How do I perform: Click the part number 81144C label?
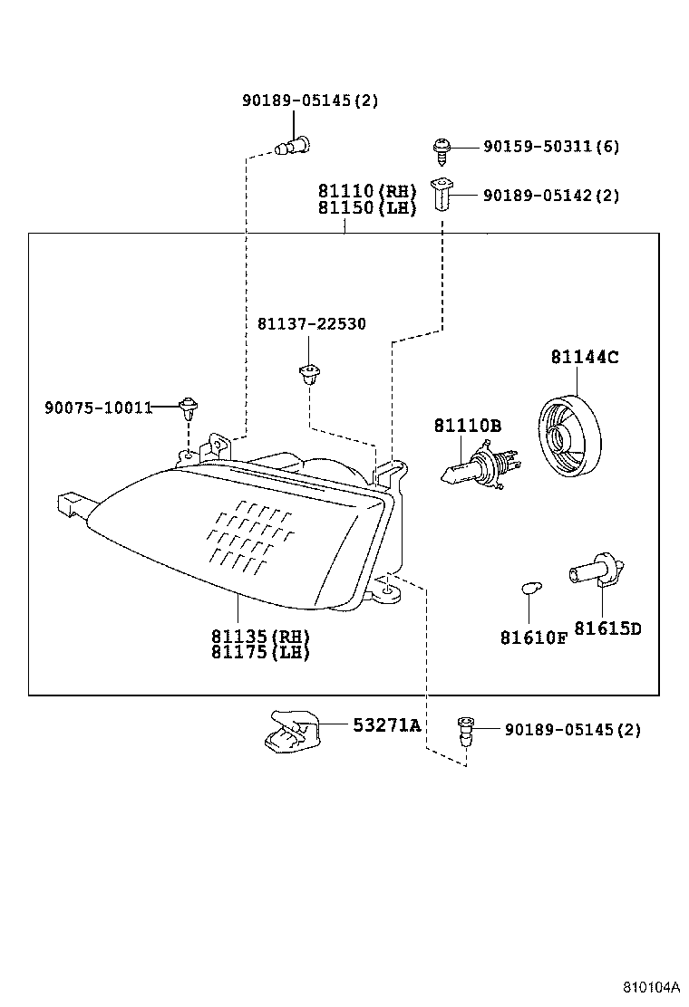pos(584,358)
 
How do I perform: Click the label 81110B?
pos(467,426)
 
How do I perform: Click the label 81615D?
pos(607,628)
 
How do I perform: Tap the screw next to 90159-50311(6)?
pos(442,148)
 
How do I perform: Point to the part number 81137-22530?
pos(311,324)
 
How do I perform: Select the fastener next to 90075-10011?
pos(188,408)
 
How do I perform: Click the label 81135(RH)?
pos(260,636)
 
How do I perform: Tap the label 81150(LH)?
pos(366,208)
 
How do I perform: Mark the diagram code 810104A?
pos(650,985)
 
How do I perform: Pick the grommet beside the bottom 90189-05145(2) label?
pos(465,730)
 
